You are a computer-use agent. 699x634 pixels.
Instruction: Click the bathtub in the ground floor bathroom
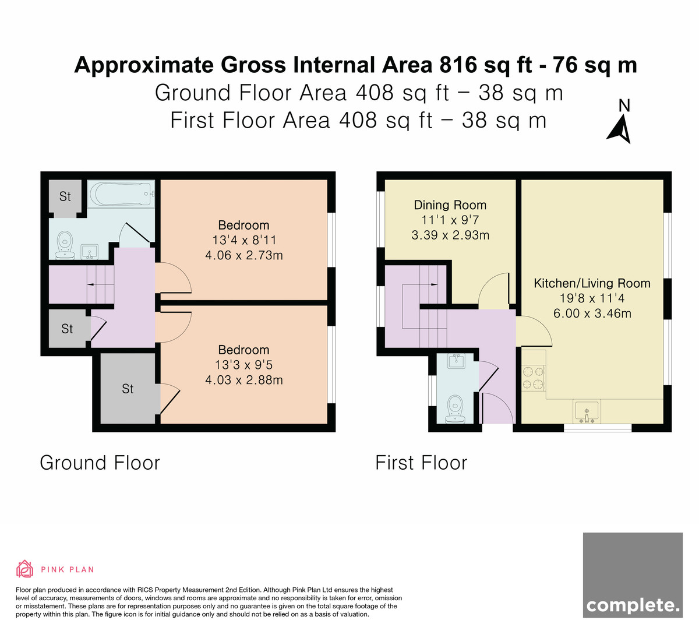click(121, 194)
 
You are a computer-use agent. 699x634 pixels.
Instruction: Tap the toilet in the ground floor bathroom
click(65, 245)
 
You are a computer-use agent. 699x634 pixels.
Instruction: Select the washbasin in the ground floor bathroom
click(90, 252)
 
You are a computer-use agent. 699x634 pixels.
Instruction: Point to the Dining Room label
click(450, 205)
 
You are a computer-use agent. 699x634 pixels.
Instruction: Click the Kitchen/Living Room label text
click(592, 283)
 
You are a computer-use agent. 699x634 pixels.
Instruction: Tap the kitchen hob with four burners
click(533, 378)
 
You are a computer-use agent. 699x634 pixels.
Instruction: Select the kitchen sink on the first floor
click(587, 411)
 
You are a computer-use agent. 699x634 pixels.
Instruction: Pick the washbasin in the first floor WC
click(457, 361)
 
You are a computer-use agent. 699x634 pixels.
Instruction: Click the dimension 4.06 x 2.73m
click(244, 255)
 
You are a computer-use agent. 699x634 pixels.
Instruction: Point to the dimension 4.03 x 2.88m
click(244, 380)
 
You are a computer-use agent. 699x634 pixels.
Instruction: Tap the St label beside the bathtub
click(65, 197)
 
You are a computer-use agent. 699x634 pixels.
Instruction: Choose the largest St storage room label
click(128, 389)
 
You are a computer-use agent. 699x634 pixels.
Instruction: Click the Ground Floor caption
click(100, 463)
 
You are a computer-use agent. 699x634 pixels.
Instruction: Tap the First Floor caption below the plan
click(421, 463)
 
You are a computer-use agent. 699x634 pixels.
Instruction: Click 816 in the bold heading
click(458, 65)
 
